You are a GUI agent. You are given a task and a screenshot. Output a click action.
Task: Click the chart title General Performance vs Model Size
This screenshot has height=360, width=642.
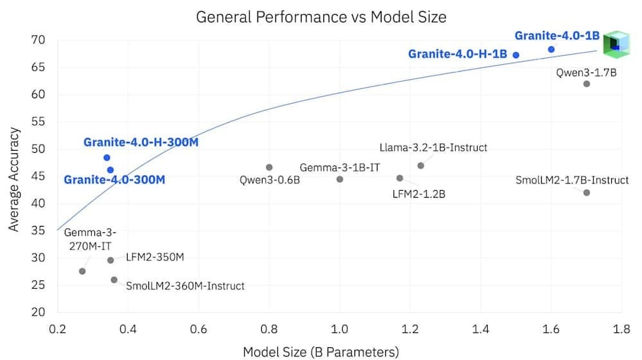pos(321,17)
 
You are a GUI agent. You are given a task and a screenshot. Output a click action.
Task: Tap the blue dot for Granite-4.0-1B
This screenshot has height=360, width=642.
pos(551,49)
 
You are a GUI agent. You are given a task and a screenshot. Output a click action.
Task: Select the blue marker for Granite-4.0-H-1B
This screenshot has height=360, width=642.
pos(516,55)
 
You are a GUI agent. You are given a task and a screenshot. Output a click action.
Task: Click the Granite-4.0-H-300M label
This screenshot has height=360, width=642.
pos(141,142)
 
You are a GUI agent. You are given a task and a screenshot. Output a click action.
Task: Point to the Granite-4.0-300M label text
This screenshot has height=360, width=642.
pos(114,180)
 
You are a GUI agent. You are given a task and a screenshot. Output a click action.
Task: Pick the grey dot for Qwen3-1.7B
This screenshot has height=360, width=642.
pos(586,84)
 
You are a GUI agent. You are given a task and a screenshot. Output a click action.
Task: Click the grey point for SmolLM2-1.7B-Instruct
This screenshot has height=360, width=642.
pos(586,193)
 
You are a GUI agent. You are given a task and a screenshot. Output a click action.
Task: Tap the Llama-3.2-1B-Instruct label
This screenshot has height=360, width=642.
pos(433,148)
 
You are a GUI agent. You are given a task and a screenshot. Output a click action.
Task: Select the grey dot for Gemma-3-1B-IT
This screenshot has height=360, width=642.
pos(340,179)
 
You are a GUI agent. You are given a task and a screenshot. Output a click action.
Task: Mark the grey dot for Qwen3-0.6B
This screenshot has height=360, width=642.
pos(269,167)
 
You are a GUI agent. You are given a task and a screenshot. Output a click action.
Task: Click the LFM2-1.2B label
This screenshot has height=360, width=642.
pos(419,194)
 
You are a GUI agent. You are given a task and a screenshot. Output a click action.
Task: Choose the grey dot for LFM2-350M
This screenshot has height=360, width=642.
pos(110,260)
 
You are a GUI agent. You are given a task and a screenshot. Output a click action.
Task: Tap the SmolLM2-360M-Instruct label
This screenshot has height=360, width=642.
pos(185,286)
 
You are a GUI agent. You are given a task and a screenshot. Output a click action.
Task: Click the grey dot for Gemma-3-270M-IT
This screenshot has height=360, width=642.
pos(82,271)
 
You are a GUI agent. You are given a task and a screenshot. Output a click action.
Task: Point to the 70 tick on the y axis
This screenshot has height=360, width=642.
pos(38,40)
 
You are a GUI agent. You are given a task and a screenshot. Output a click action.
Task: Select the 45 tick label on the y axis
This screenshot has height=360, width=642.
pos(38,176)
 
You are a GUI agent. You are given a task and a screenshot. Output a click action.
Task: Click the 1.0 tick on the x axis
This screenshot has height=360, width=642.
pos(340,329)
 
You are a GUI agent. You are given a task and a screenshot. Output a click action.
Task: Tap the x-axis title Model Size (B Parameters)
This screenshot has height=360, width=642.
pos(321,352)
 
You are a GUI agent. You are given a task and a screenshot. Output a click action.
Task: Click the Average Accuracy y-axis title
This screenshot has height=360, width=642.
pos(14,180)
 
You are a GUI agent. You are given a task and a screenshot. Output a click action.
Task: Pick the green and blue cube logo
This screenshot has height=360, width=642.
pos(616,44)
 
